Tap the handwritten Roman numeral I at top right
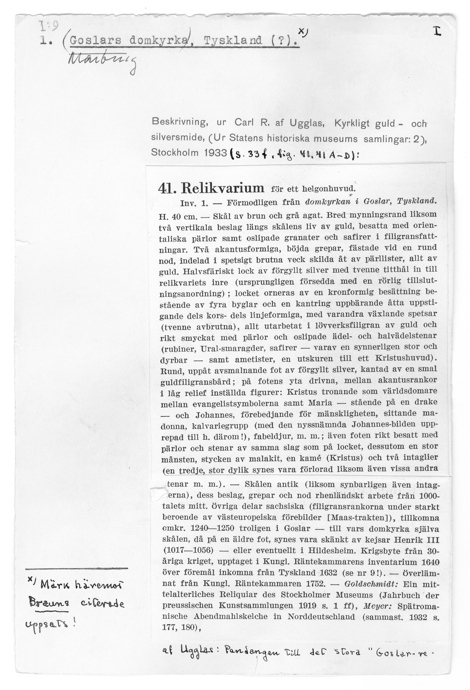(437, 31)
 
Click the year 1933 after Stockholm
(216, 153)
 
